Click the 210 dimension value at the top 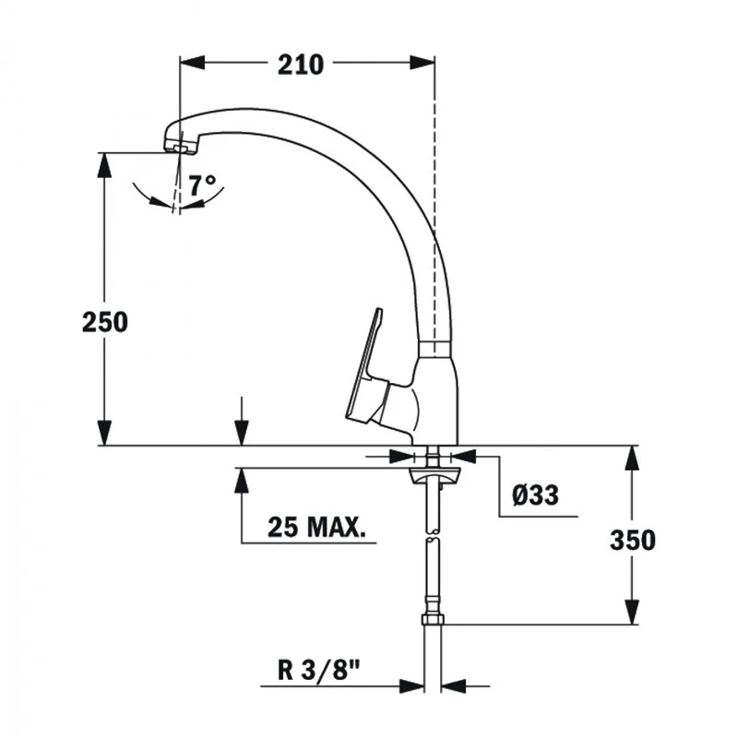tap(300, 65)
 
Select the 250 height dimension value tap(104, 323)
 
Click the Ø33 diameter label tap(535, 495)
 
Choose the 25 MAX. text tap(316, 528)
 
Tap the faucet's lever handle tap(367, 369)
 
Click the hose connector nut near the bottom tap(432, 619)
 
